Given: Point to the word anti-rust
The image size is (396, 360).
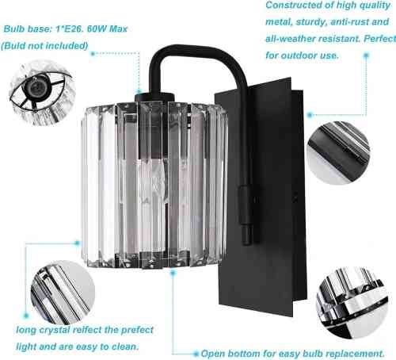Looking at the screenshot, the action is click(x=349, y=21).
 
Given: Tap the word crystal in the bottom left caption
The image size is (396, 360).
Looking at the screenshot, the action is click(x=55, y=330).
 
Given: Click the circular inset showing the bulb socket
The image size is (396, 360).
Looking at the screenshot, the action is click(x=41, y=93).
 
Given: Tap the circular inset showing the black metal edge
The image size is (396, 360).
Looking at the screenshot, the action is click(x=339, y=153).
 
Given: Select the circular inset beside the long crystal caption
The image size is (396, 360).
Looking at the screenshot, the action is click(x=63, y=293).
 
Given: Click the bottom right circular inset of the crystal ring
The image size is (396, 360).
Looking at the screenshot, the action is click(x=352, y=302).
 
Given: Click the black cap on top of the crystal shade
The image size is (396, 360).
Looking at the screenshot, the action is click(x=154, y=97).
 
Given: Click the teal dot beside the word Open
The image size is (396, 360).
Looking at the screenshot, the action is click(x=196, y=354).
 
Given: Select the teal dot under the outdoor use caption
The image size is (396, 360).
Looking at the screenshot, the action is click(x=366, y=56).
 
